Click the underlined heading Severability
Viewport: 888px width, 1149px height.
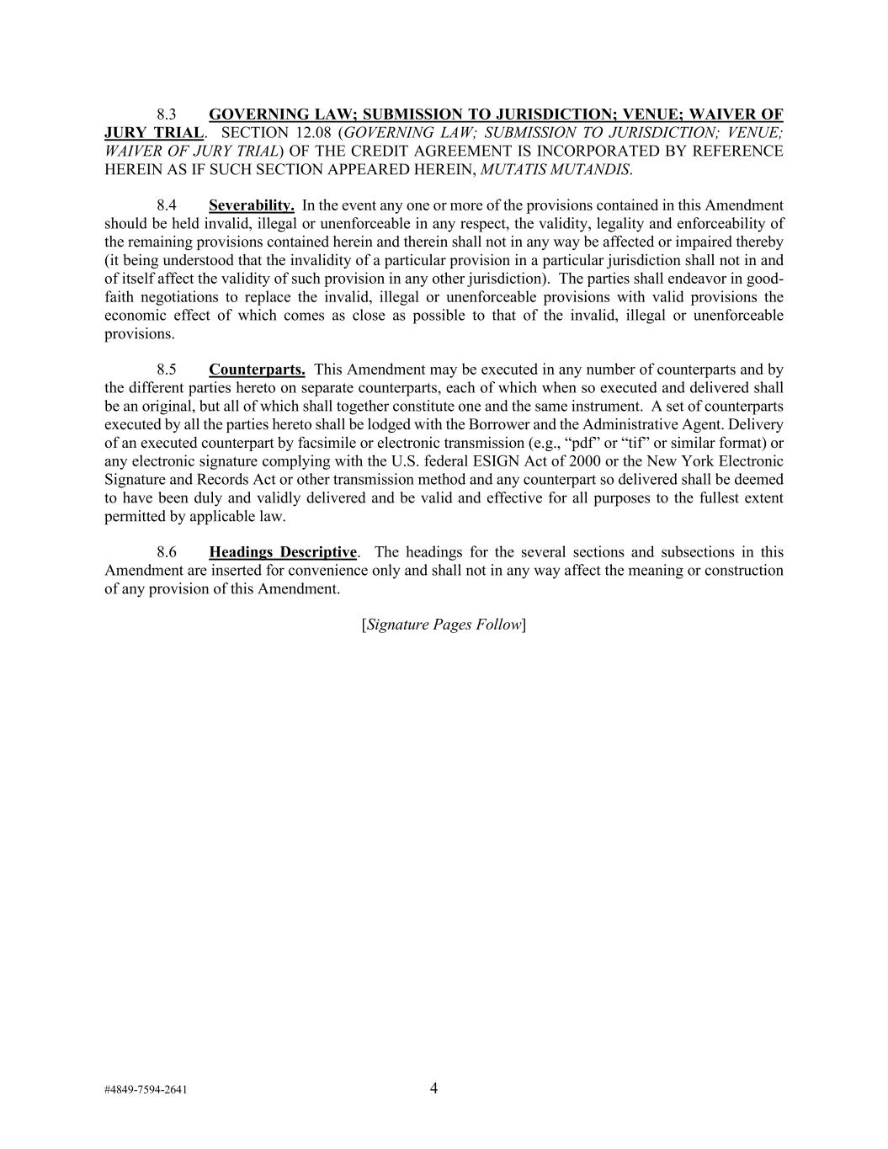click(252, 205)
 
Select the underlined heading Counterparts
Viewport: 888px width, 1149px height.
click(257, 370)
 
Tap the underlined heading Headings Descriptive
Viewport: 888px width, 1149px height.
click(283, 552)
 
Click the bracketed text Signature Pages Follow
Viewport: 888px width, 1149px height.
click(444, 625)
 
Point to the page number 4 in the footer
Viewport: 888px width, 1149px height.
click(433, 1088)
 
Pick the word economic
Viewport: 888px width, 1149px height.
click(132, 315)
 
